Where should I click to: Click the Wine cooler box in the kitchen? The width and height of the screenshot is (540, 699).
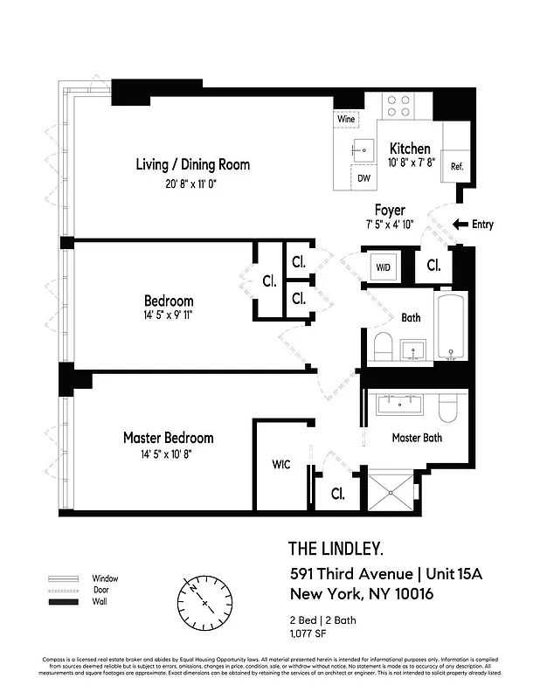coord(346,117)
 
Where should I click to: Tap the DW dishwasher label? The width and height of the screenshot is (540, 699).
coord(363,177)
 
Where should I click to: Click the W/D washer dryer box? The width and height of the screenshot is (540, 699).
coord(384,266)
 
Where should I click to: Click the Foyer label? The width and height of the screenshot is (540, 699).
coord(390,210)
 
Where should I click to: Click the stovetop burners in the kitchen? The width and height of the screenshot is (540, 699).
coord(399,107)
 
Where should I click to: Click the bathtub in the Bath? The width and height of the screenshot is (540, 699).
coord(451,327)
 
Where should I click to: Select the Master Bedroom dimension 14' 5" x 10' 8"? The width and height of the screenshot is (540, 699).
coord(168,454)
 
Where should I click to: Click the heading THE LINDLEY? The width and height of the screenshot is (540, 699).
coord(336,549)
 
